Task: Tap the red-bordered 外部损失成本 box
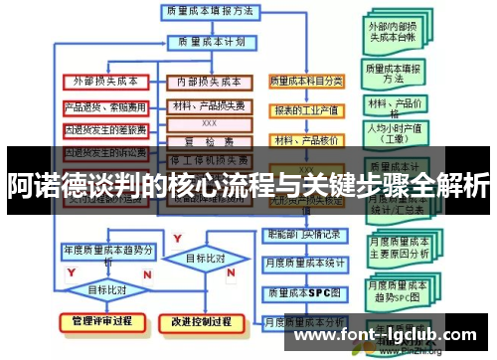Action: pyautogui.click(x=106, y=81)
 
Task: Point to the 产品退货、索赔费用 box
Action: pyautogui.click(x=105, y=105)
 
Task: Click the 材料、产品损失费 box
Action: pyautogui.click(x=209, y=105)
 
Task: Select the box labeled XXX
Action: pyautogui.click(x=209, y=122)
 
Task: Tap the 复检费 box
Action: pyautogui.click(x=209, y=140)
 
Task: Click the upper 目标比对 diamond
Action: pyautogui.click(x=206, y=259)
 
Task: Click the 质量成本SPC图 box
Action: pyautogui.click(x=304, y=293)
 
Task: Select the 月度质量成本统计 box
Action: pyautogui.click(x=304, y=264)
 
